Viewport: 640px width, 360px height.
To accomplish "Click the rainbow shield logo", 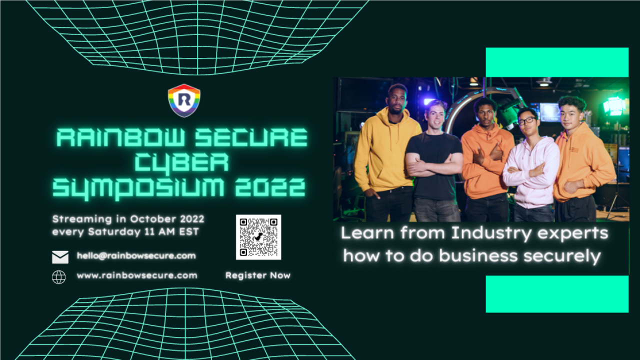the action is (x=184, y=100).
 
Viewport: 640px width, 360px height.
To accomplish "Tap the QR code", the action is (x=258, y=237).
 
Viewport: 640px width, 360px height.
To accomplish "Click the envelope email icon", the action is (x=60, y=257).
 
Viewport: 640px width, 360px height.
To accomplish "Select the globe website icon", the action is (x=59, y=277).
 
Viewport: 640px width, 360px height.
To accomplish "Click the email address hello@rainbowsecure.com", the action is (x=136, y=255).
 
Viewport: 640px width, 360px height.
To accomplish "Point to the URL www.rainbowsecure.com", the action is (x=137, y=275).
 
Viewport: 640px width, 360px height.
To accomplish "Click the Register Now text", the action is (x=258, y=275).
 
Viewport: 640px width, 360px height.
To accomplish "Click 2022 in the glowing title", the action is (x=270, y=187).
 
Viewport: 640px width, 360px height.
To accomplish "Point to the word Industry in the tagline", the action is (x=491, y=233).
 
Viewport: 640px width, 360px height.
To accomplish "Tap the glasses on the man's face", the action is (x=527, y=120).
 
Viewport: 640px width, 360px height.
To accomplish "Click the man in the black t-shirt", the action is (x=434, y=161).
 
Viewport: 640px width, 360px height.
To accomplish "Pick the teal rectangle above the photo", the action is (x=557, y=62).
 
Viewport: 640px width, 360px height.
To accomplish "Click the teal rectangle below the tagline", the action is (x=557, y=294).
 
